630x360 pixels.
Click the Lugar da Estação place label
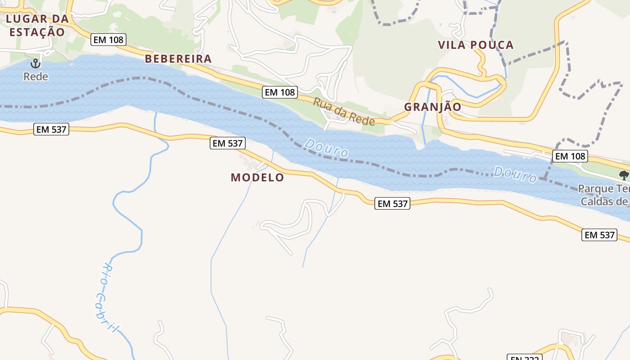pyautogui.click(x=37, y=25)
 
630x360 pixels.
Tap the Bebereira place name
pyautogui.click(x=178, y=59)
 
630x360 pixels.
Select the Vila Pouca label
pyautogui.click(x=476, y=45)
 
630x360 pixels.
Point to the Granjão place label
pyautogui.click(x=432, y=107)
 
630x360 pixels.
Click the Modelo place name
pyautogui.click(x=257, y=177)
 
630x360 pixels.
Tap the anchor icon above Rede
pyautogui.click(x=36, y=63)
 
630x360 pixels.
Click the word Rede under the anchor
pyautogui.click(x=36, y=76)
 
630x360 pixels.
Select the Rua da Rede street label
pyautogui.click(x=344, y=112)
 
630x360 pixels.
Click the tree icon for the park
pyautogui.click(x=624, y=175)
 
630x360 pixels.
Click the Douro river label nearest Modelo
pyautogui.click(x=326, y=148)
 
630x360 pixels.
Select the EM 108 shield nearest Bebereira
pyautogui.click(x=108, y=40)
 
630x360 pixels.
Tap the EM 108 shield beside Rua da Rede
pyautogui.click(x=280, y=92)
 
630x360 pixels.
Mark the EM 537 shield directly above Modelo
pyautogui.click(x=228, y=144)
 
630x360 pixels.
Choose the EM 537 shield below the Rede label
pyautogui.click(x=51, y=130)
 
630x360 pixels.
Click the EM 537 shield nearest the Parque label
pyautogui.click(x=599, y=234)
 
